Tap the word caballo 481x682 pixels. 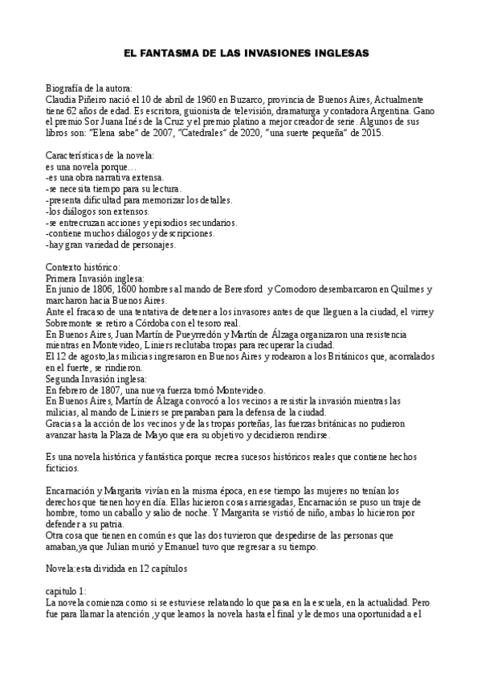point(132,502)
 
